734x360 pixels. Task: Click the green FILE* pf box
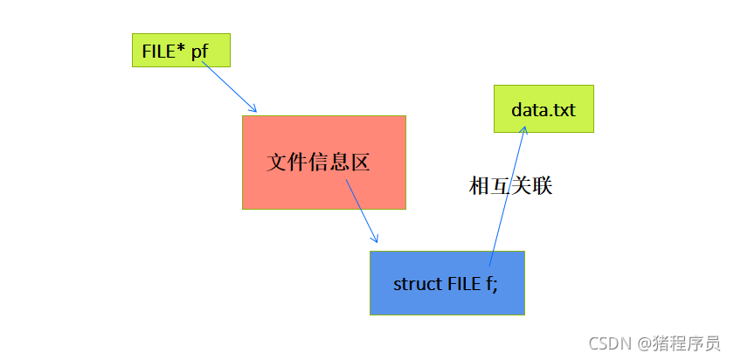pyautogui.click(x=181, y=51)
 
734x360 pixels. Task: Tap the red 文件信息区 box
pyautogui.click(x=323, y=163)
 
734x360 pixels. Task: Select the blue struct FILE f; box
pyautogui.click(x=447, y=282)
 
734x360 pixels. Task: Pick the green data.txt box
pyautogui.click(x=544, y=108)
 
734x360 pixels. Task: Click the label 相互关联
pyautogui.click(x=511, y=186)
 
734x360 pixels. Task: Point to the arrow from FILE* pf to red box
pyautogui.click(x=229, y=87)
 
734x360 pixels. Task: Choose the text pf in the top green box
pyautogui.click(x=201, y=51)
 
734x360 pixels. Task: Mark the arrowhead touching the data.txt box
pyautogui.click(x=525, y=128)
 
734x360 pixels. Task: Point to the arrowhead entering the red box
pyautogui.click(x=253, y=108)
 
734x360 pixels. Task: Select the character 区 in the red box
pyautogui.click(x=359, y=163)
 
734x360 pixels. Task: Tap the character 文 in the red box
pyautogui.click(x=279, y=163)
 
